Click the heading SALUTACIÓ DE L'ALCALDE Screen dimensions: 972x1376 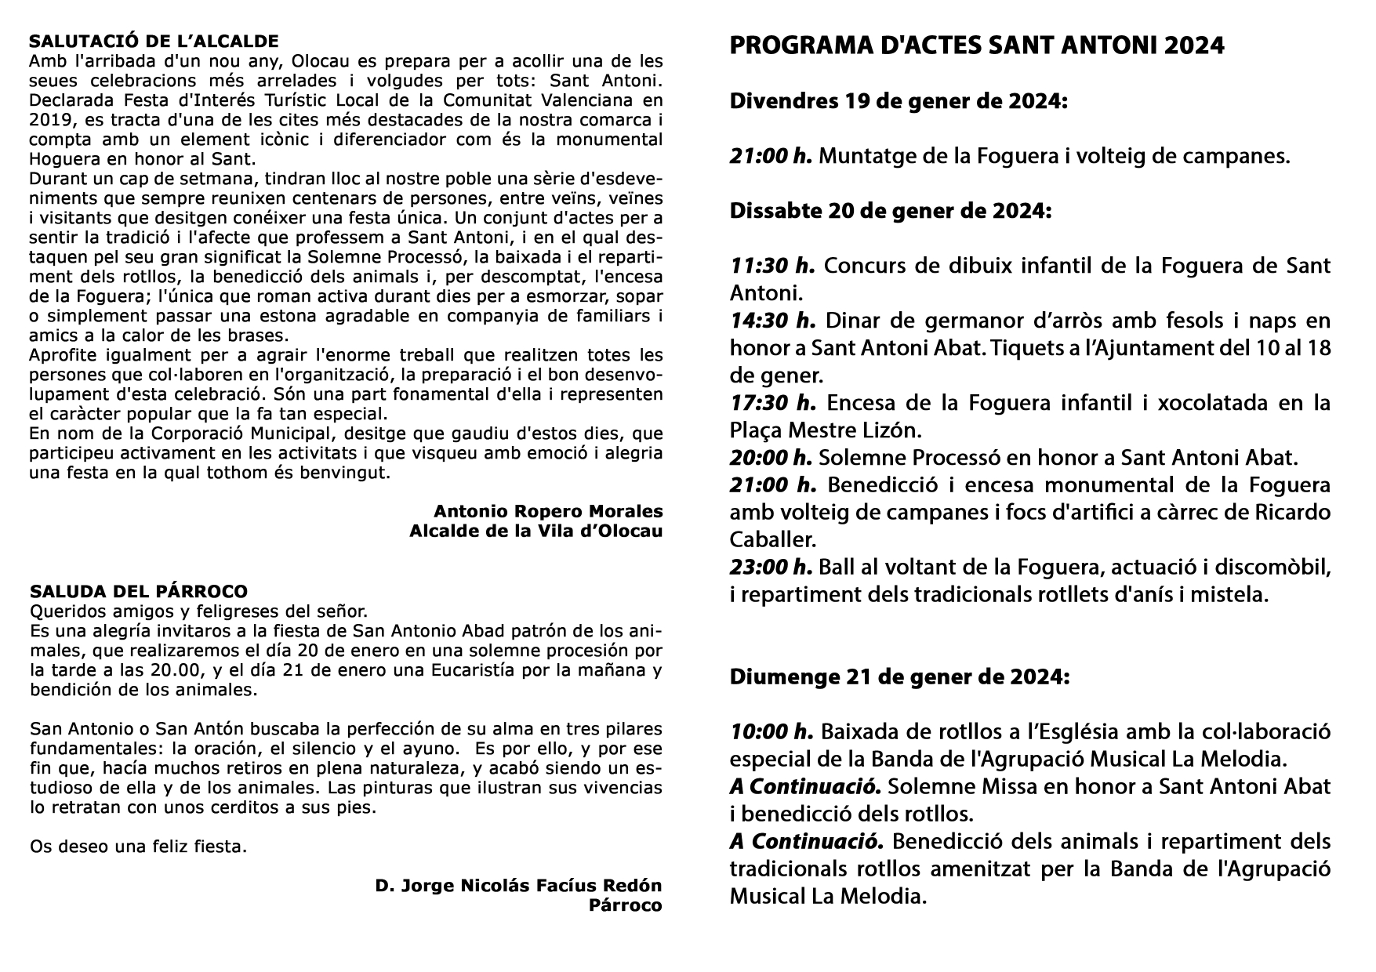(x=154, y=41)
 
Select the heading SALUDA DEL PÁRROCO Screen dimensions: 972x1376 (x=139, y=591)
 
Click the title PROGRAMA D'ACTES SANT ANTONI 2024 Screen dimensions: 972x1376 (x=976, y=46)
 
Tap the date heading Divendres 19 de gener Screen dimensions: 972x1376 (x=898, y=102)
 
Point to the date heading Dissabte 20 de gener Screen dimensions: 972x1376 (x=890, y=211)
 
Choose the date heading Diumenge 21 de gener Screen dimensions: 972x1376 (x=899, y=677)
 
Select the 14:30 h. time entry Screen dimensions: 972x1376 (x=772, y=321)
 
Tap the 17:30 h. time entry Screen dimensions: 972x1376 (x=772, y=404)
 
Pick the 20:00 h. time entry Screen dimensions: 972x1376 (x=772, y=458)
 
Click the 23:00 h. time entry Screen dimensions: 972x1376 (x=772, y=567)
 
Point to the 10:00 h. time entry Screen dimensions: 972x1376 (x=772, y=732)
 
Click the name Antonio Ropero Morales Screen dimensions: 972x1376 (x=548, y=511)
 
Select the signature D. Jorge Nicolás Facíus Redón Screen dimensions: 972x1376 (x=518, y=886)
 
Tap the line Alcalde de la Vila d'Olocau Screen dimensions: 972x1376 (x=536, y=531)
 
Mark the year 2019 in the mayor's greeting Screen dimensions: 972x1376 (x=49, y=120)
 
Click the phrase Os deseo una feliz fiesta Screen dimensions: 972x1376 (x=138, y=847)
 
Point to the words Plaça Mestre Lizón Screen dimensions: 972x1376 (x=822, y=430)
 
